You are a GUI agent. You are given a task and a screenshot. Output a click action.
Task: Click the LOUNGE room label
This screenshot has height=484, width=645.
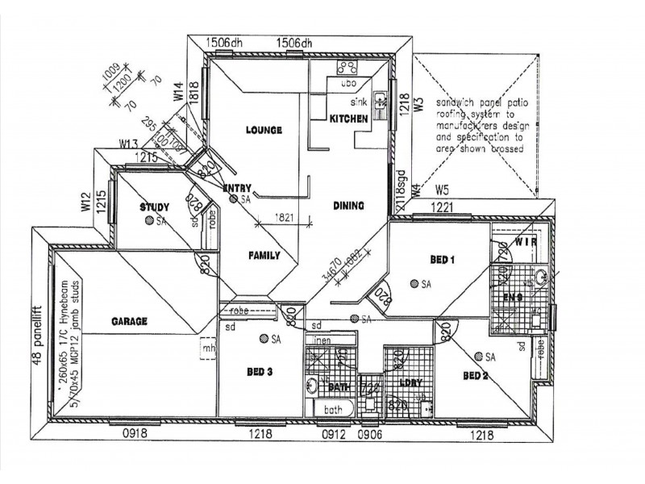tap(264, 130)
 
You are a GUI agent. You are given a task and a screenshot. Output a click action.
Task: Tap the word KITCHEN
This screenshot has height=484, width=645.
tap(348, 119)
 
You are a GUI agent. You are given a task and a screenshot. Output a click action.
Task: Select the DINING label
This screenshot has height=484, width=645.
tap(348, 206)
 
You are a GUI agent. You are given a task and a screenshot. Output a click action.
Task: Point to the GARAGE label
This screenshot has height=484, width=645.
tap(128, 321)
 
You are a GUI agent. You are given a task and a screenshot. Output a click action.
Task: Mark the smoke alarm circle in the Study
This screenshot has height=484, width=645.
tap(151, 220)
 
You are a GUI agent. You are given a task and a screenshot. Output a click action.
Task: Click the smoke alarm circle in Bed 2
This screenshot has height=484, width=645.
tap(481, 356)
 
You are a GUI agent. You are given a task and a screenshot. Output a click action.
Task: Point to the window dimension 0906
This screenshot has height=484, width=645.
tap(372, 434)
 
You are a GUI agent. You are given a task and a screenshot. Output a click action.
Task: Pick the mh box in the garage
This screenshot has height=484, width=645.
tap(209, 349)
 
